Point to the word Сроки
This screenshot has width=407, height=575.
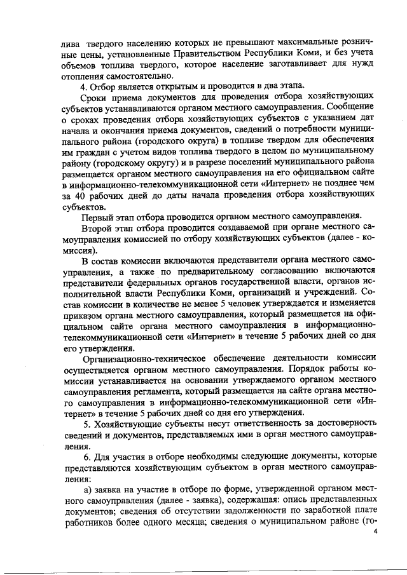click(x=95, y=99)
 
